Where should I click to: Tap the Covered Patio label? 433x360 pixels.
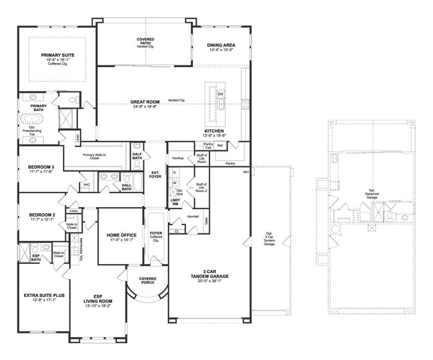point(145,40)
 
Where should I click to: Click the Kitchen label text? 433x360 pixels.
point(214,131)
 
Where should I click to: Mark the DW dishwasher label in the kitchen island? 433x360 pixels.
point(220,94)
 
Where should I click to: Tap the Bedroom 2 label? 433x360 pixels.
point(41,215)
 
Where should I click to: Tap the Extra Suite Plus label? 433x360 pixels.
point(44,295)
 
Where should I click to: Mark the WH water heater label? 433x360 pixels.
point(245,172)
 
